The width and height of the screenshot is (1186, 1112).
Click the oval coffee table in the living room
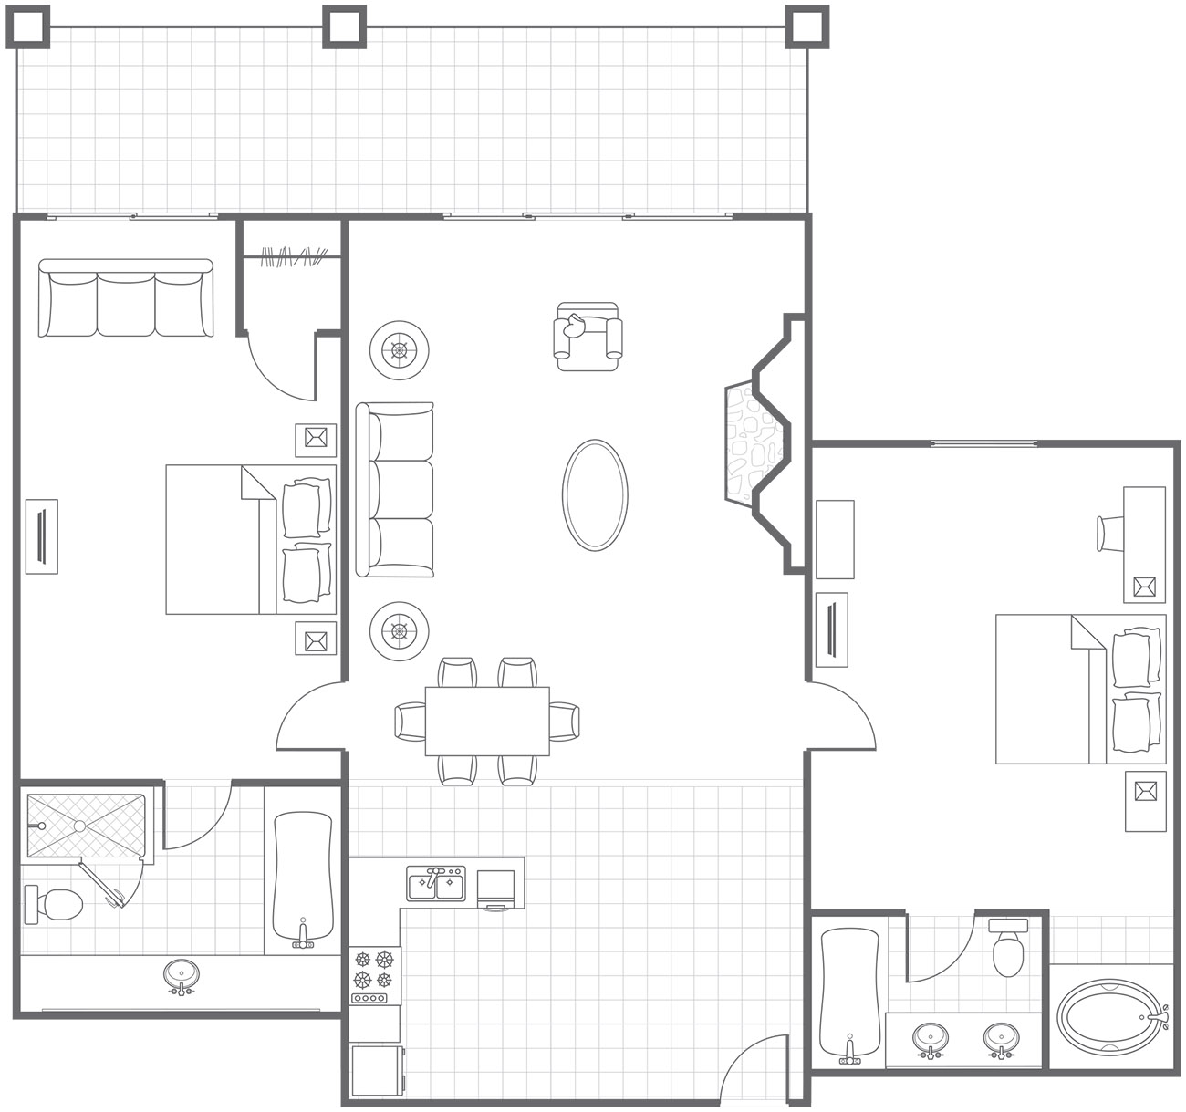tap(595, 495)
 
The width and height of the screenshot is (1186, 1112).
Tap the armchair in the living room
tap(588, 336)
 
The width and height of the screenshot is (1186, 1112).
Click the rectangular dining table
tap(487, 721)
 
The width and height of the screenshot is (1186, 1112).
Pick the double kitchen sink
tap(436, 884)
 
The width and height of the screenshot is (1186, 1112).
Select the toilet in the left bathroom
tap(57, 903)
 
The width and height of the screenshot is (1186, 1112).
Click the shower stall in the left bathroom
tap(85, 826)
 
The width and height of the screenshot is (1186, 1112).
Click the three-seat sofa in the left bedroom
tap(126, 298)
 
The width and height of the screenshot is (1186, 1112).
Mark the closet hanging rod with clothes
tap(293, 257)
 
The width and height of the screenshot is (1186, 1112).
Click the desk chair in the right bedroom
tap(1110, 533)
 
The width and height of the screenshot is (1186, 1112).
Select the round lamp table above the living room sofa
tap(399, 349)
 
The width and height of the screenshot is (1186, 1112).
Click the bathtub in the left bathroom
tap(302, 878)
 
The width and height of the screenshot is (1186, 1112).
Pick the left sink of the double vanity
tap(930, 1038)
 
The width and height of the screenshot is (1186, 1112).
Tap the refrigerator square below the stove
tap(376, 1070)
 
